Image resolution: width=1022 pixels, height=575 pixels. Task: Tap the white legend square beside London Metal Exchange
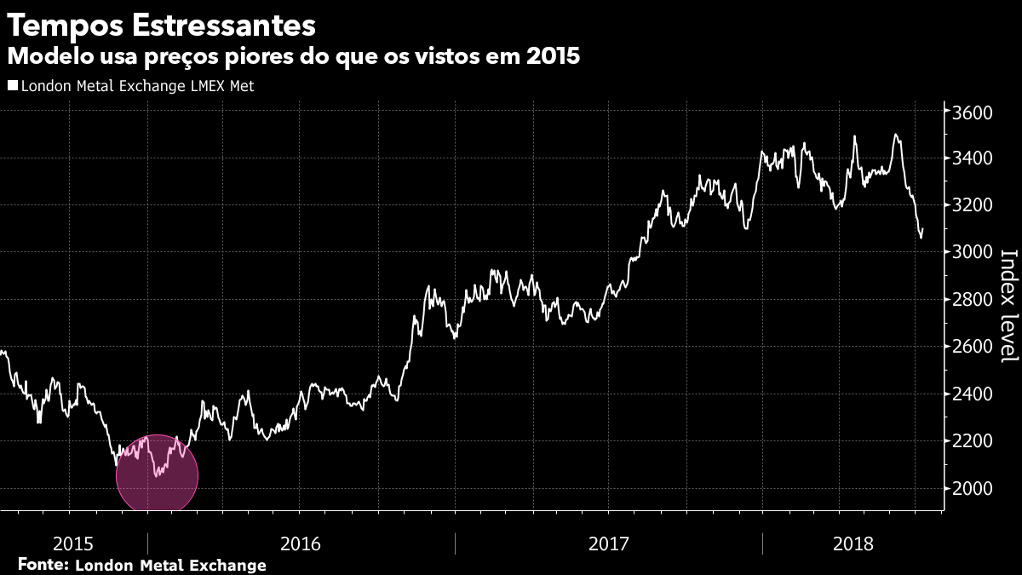(12, 85)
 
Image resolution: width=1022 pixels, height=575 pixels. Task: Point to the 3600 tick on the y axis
(973, 113)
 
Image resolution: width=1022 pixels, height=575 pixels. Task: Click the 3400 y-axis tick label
(973, 159)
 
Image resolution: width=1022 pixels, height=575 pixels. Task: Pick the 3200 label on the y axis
(973, 206)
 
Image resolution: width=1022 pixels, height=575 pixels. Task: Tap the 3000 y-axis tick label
(973, 253)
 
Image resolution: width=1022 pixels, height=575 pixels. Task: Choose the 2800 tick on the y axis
(973, 300)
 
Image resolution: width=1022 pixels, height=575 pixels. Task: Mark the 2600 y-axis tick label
(973, 347)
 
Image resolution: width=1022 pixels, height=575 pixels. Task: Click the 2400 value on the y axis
(973, 394)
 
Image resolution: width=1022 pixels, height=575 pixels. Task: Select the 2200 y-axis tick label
(973, 441)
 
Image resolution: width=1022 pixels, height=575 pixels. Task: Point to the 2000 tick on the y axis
(973, 488)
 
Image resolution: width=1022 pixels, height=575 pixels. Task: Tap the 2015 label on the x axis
(73, 543)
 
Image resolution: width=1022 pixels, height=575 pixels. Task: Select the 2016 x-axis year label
(300, 543)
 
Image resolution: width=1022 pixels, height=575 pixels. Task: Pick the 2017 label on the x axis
(608, 543)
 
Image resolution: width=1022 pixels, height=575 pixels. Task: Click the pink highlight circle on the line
(157, 475)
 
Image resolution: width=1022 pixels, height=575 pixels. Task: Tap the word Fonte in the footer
(43, 565)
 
